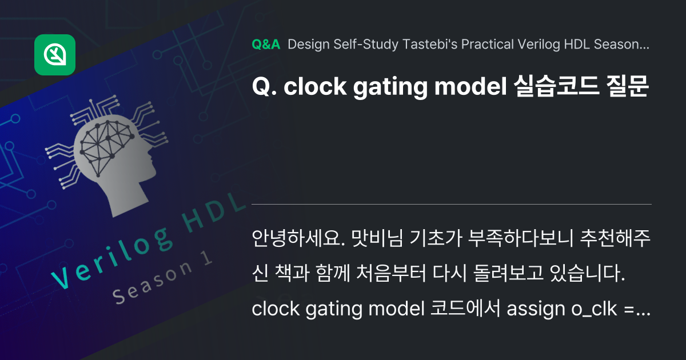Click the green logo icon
coord(55,55)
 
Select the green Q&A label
coord(265,45)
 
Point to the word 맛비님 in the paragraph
coord(376,238)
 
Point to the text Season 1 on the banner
coord(162,279)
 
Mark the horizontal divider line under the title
coord(452,203)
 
